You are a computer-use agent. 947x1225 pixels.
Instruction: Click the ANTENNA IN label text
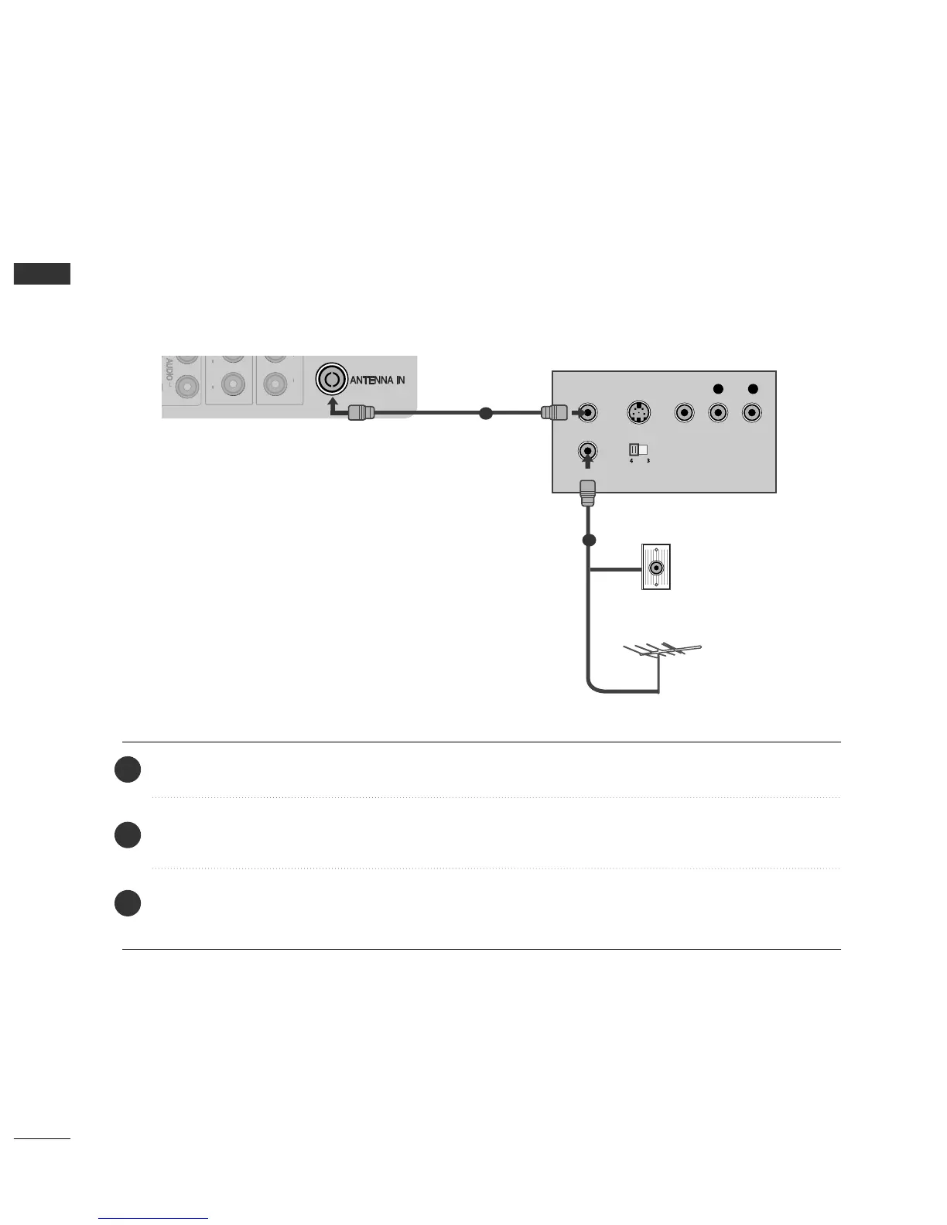(378, 380)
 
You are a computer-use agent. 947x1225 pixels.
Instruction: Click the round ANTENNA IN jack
(331, 380)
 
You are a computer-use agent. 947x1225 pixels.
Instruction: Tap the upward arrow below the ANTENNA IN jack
(333, 406)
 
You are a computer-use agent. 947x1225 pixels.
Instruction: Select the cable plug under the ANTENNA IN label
(361, 413)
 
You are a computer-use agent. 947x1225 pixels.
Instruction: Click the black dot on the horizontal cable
(486, 414)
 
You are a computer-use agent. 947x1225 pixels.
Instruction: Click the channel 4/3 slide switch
(638, 449)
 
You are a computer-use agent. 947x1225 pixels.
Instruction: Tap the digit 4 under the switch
(631, 461)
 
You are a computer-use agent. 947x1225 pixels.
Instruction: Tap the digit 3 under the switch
(648, 461)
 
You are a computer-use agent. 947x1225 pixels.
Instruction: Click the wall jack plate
(656, 567)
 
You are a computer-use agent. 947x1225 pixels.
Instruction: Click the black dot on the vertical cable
(589, 540)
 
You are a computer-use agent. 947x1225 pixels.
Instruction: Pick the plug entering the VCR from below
(587, 492)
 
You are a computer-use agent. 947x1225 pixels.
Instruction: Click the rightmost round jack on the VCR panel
(751, 413)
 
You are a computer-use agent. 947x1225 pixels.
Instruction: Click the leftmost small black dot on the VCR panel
(718, 389)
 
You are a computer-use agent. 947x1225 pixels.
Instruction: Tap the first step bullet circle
(128, 769)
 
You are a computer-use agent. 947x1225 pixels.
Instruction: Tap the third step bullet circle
(128, 903)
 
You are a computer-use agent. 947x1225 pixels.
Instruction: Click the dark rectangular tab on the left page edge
(43, 274)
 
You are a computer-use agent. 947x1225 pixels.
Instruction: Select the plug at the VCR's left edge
(553, 413)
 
